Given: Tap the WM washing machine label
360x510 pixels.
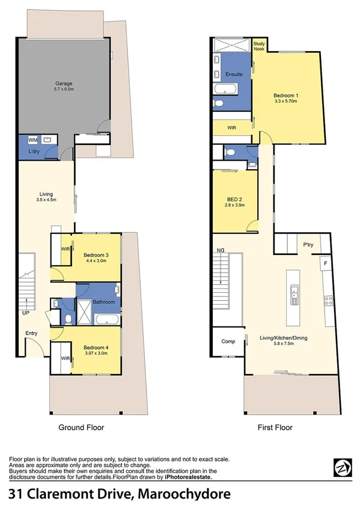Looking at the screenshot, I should (x=32, y=140).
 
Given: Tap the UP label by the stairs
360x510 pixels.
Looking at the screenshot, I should (x=25, y=313).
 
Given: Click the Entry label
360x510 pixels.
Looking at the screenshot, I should (x=31, y=333).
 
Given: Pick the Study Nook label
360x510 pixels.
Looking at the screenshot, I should (x=259, y=46).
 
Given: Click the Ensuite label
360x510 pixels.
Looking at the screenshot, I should (x=234, y=74).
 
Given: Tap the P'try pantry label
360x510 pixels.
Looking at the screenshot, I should (x=309, y=245).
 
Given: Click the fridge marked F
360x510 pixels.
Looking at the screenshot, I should (x=325, y=263).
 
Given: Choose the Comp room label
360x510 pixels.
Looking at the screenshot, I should (x=228, y=341).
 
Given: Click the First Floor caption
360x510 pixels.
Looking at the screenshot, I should (x=276, y=428).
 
